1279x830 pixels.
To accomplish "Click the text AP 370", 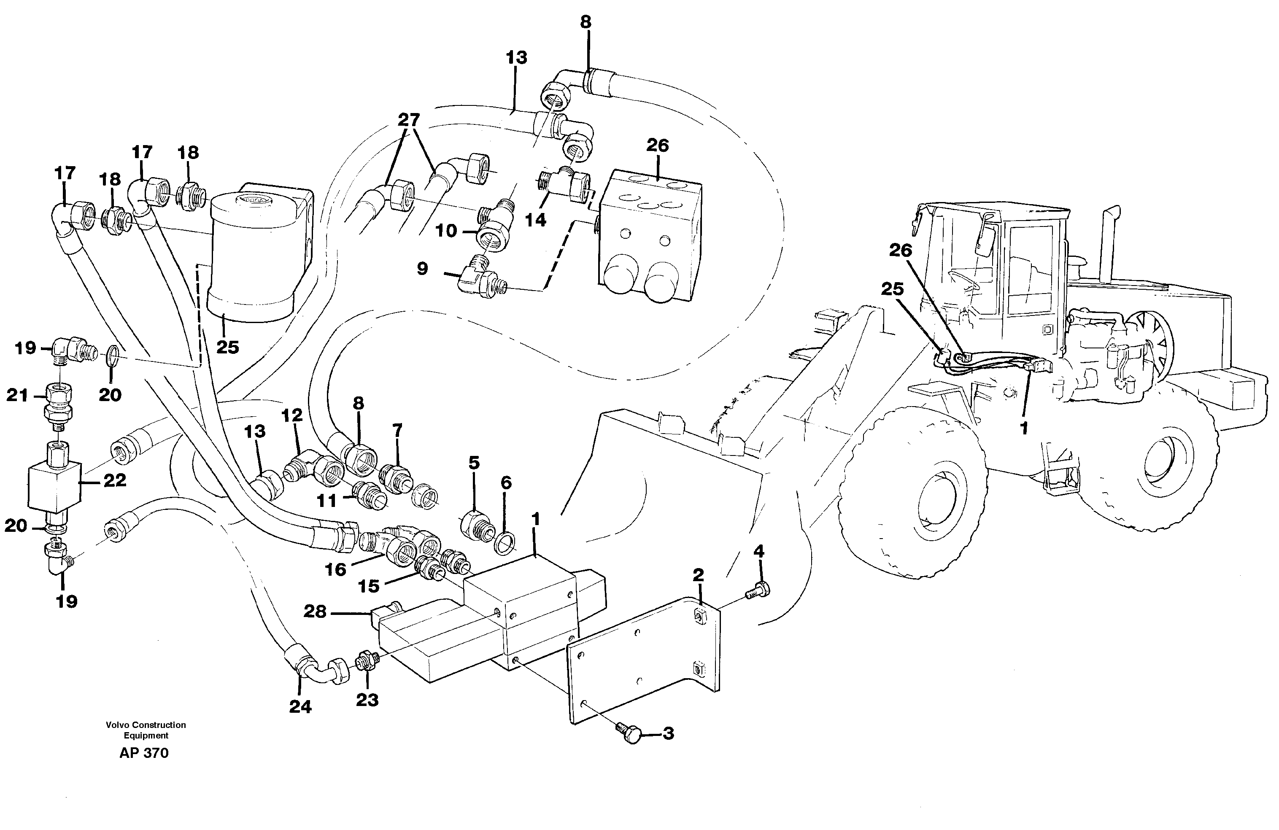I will (143, 753).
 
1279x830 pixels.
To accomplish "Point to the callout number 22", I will (114, 480).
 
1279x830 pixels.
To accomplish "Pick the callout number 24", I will (300, 706).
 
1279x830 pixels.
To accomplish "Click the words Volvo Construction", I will (146, 724).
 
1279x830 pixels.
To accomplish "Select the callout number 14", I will (535, 219).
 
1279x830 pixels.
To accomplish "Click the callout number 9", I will (422, 269).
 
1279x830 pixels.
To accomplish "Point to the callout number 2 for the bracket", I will (698, 575).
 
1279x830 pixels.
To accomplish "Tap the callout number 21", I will (16, 396).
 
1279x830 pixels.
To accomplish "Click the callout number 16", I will (335, 569).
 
